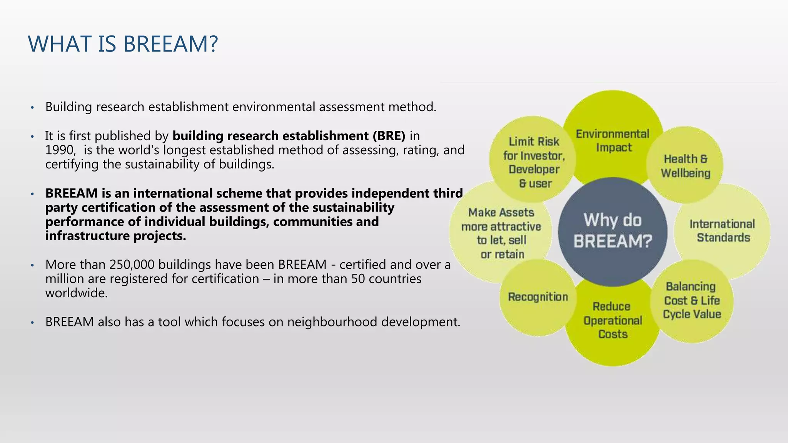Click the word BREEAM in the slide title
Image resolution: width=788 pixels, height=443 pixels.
tap(170, 44)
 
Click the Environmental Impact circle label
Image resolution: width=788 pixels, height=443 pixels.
tap(613, 140)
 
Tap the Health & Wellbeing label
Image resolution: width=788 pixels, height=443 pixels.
tap(685, 166)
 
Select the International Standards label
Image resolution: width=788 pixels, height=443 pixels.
tap(722, 231)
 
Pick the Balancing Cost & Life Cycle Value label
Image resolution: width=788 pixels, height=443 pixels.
tap(691, 300)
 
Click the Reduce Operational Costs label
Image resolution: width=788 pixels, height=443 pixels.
tap(613, 320)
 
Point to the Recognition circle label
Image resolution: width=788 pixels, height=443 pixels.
tap(538, 297)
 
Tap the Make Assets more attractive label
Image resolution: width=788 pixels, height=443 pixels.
tap(501, 233)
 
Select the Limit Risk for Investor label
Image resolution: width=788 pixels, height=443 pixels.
tap(534, 162)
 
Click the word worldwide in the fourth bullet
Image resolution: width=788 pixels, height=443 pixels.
tap(76, 293)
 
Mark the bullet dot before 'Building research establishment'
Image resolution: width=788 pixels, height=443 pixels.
tap(33, 107)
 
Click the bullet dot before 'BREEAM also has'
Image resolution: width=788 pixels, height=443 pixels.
tap(33, 322)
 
